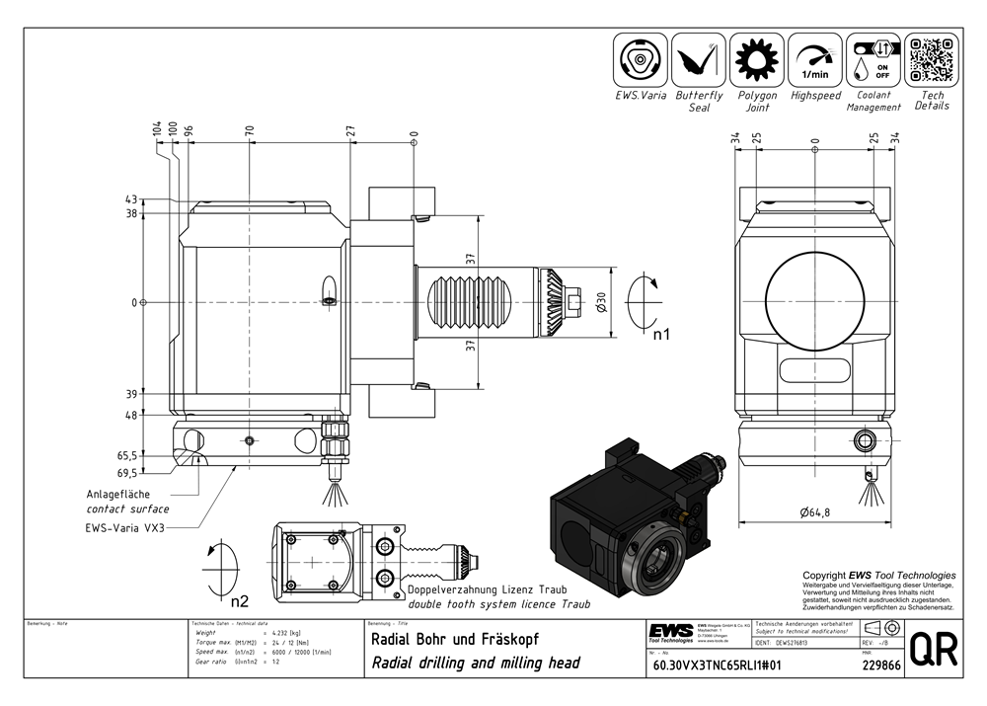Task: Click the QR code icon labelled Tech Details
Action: pos(933,60)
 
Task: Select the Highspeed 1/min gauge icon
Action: pos(815,60)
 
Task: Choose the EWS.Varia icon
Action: pos(641,60)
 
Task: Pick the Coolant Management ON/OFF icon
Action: pos(873,60)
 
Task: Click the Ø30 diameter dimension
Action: pos(602,303)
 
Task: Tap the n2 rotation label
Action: pos(240,599)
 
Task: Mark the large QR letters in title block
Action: pos(934,650)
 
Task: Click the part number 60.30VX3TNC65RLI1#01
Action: pos(717,666)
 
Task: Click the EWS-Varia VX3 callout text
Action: pos(124,528)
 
